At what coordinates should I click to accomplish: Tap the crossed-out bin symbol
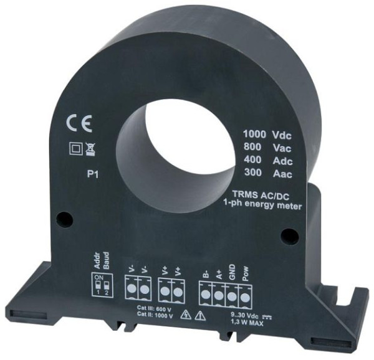(90, 149)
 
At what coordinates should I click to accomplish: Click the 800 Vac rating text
(265, 148)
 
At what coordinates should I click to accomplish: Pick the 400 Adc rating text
(265, 161)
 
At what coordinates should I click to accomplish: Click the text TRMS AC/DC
(264, 194)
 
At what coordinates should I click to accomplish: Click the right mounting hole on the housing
(286, 234)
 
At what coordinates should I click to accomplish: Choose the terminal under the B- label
(206, 293)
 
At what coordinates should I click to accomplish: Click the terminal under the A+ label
(219, 293)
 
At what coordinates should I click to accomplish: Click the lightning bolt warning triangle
(185, 315)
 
